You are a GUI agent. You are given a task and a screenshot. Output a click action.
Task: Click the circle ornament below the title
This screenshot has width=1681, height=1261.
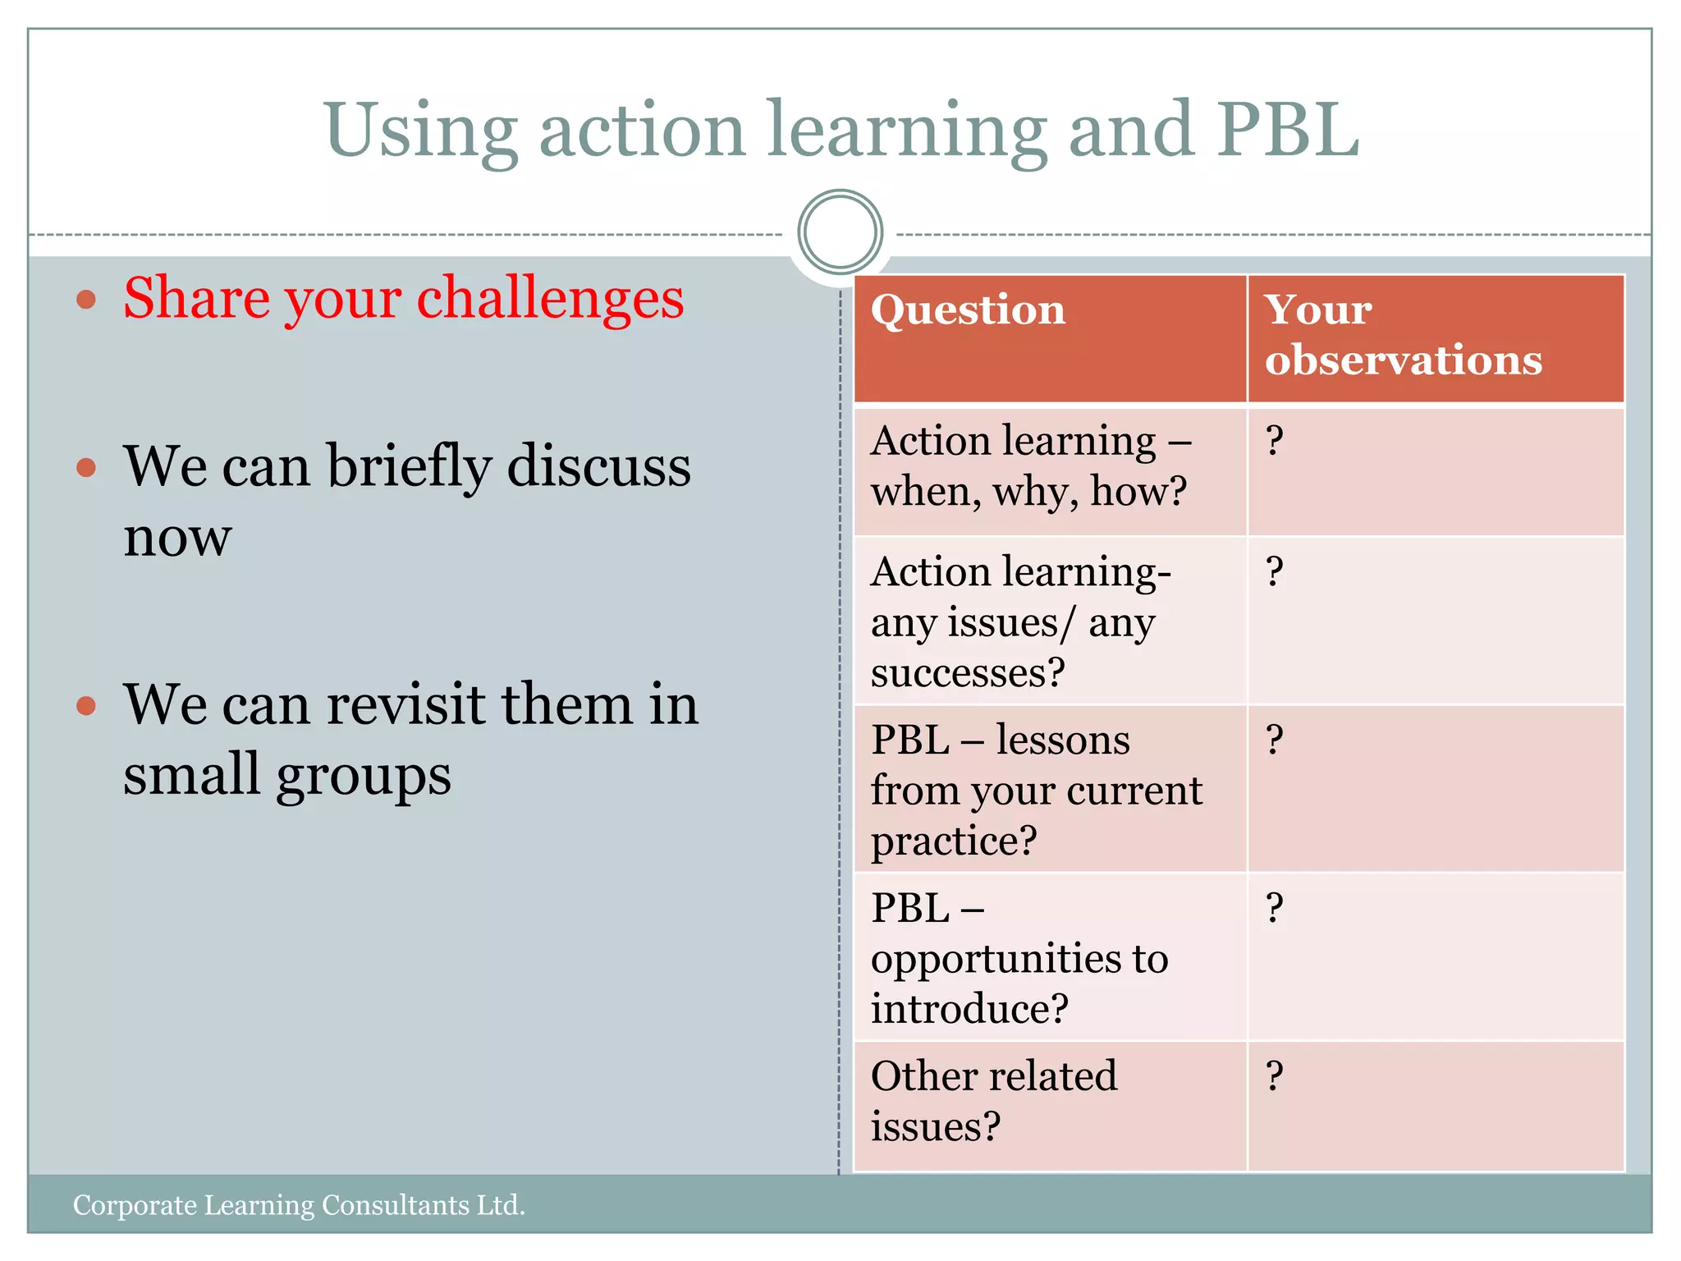click(840, 232)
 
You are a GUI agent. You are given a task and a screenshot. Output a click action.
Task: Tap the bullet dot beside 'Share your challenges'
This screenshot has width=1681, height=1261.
click(86, 300)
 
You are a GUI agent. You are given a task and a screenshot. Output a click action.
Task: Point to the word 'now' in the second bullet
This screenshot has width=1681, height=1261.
click(177, 539)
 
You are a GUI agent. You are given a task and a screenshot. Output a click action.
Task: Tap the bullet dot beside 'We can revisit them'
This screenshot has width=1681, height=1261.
click(86, 705)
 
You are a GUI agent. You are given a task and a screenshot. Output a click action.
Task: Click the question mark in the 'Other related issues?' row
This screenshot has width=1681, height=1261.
click(1274, 1075)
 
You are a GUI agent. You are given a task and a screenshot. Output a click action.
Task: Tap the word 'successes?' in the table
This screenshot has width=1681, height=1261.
click(967, 673)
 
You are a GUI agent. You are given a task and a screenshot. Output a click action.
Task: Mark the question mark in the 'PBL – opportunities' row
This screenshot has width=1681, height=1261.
click(1274, 908)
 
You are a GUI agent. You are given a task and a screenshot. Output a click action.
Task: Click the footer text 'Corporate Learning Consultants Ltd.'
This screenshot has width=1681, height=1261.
click(299, 1205)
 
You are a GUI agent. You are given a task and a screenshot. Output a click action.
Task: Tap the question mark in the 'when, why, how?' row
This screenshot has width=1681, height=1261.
click(1274, 441)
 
